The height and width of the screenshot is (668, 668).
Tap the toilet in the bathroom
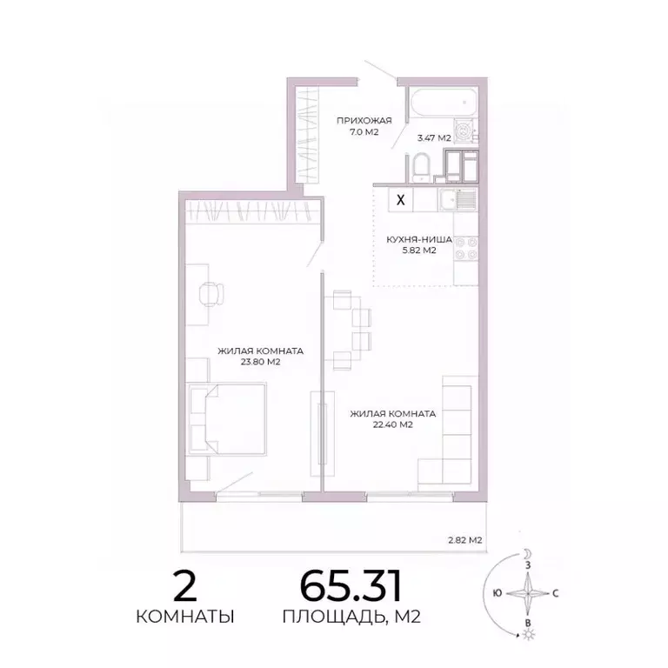point(422,165)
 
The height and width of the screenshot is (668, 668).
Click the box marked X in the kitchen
point(400,199)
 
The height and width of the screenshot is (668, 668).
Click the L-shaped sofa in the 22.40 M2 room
point(449,435)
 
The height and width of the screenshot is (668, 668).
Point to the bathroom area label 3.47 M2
point(434,137)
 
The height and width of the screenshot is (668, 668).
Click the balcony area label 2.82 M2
point(464,540)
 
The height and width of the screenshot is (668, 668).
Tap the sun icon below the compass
point(526,636)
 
